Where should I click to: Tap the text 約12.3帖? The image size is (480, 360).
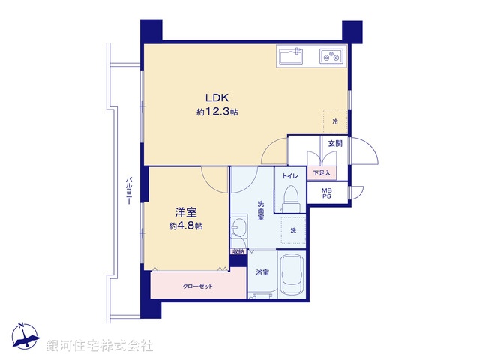click(x=217, y=112)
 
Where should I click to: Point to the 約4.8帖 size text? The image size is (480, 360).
click(x=185, y=226)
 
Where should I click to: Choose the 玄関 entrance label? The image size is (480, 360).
click(x=334, y=143)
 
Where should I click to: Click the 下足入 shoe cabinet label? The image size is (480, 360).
click(x=322, y=173)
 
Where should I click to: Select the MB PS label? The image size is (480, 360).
click(x=326, y=194)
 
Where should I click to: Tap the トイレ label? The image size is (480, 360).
click(x=291, y=176)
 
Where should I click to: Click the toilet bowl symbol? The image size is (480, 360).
click(x=291, y=198)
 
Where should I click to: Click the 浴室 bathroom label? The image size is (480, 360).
click(x=262, y=272)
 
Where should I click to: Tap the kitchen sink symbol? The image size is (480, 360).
click(x=289, y=56)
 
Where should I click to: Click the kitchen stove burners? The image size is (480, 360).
click(x=331, y=56)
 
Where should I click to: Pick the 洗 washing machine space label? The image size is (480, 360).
click(x=293, y=230)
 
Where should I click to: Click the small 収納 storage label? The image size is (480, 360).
click(x=238, y=251)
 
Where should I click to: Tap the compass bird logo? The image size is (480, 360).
click(x=25, y=337)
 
